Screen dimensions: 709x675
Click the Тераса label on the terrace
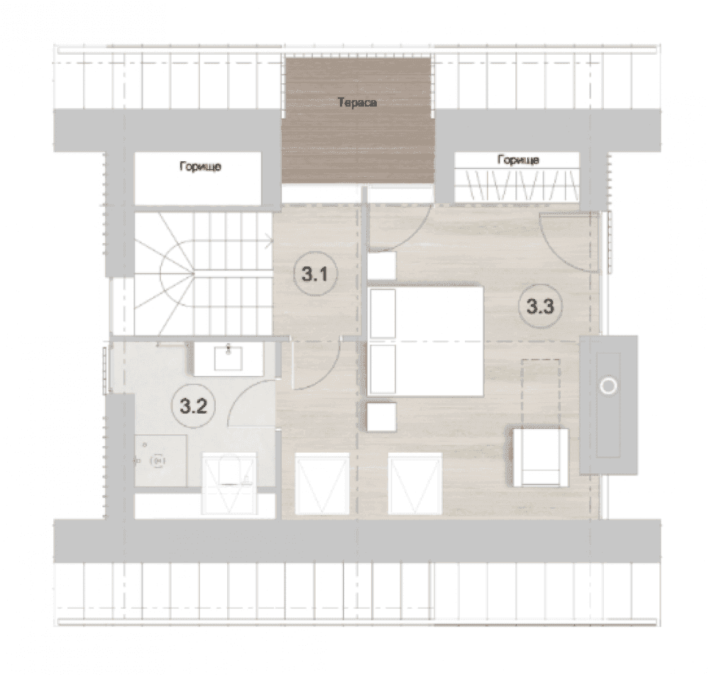[358, 103]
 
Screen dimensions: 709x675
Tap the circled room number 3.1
[315, 274]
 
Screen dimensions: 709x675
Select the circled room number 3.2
[193, 406]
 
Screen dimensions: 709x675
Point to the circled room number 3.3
[541, 306]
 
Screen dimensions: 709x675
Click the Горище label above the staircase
[200, 166]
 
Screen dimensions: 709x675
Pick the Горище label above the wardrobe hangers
[518, 160]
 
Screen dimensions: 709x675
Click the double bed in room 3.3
[426, 341]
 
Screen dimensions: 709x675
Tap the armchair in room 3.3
[540, 458]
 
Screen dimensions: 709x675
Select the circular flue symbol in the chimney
[608, 386]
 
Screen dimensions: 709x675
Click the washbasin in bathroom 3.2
[229, 357]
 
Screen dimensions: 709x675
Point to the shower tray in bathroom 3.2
[160, 461]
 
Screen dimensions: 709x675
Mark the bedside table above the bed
[382, 266]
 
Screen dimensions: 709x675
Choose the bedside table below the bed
[382, 416]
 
